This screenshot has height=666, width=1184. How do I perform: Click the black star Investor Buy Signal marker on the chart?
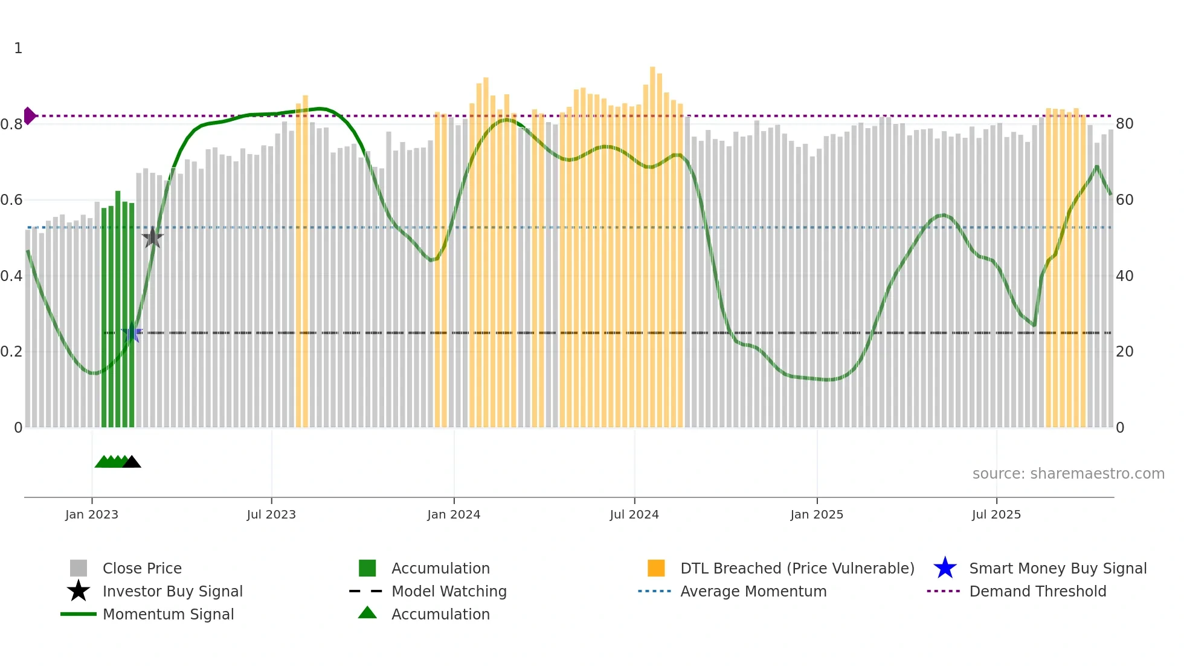pyautogui.click(x=153, y=238)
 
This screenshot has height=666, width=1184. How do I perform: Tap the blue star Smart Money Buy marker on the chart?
pyautogui.click(x=132, y=333)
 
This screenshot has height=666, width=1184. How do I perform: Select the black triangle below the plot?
pyautogui.click(x=132, y=462)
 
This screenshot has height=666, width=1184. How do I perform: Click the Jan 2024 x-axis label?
pyautogui.click(x=454, y=514)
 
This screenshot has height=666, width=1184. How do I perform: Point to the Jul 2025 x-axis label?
pyautogui.click(x=996, y=514)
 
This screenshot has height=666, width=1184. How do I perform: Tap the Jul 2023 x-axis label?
pyautogui.click(x=271, y=514)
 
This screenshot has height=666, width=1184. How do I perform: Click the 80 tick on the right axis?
pyautogui.click(x=1124, y=124)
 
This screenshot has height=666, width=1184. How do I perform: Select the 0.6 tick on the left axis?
pyautogui.click(x=11, y=200)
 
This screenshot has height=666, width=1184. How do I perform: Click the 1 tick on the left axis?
pyautogui.click(x=18, y=48)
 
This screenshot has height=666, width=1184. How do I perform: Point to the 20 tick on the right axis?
pyautogui.click(x=1124, y=352)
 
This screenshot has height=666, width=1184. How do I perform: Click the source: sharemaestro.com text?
pyautogui.click(x=1068, y=474)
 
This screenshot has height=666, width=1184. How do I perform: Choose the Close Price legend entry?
pyautogui.click(x=142, y=568)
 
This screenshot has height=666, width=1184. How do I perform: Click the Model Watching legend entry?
pyautogui.click(x=449, y=591)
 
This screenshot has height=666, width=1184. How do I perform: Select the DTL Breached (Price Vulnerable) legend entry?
pyautogui.click(x=797, y=568)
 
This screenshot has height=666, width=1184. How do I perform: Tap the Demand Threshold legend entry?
pyautogui.click(x=1037, y=591)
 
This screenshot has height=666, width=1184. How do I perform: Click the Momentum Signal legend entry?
pyautogui.click(x=168, y=614)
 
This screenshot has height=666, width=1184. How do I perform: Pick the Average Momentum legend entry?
pyautogui.click(x=753, y=591)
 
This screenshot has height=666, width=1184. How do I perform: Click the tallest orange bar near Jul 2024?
pyautogui.click(x=652, y=242)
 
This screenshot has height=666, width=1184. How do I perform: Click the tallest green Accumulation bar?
pyautogui.click(x=118, y=302)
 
